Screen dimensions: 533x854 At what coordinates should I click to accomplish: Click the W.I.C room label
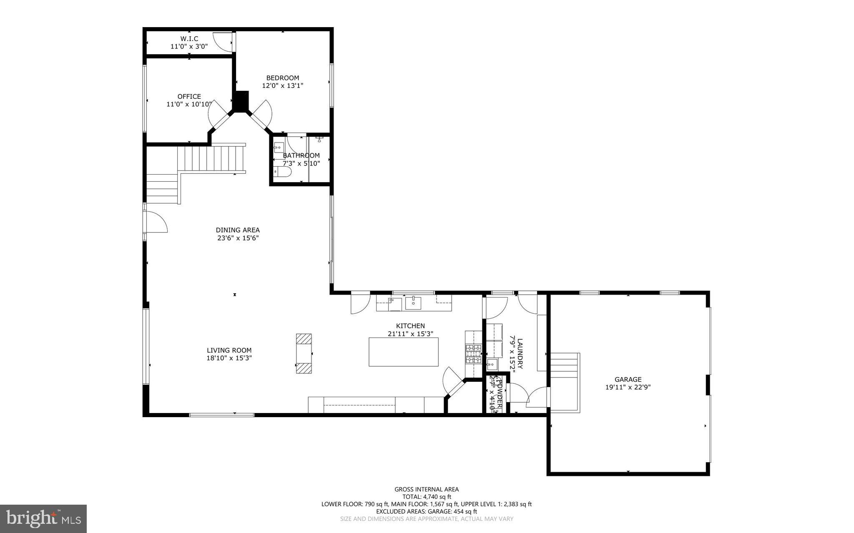pyautogui.click(x=189, y=38)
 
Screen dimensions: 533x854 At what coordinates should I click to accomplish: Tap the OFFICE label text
pyautogui.click(x=189, y=96)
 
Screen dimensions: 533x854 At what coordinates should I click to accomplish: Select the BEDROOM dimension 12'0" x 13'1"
pyautogui.click(x=282, y=86)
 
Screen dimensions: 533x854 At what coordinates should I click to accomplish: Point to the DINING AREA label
pyautogui.click(x=238, y=230)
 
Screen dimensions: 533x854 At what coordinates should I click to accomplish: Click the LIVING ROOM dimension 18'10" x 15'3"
pyautogui.click(x=229, y=358)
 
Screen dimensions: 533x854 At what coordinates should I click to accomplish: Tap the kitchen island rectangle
pyautogui.click(x=403, y=352)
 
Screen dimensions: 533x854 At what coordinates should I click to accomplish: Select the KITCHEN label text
pyautogui.click(x=410, y=326)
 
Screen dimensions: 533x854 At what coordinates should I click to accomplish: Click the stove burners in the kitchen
pyautogui.click(x=473, y=353)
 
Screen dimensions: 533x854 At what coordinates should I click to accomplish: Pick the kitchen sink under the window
pyautogui.click(x=413, y=303)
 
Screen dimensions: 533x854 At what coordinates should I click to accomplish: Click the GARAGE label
pyautogui.click(x=628, y=379)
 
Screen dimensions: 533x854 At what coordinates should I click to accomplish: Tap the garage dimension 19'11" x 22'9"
pyautogui.click(x=628, y=387)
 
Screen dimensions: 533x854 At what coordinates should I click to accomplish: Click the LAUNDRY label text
pyautogui.click(x=520, y=353)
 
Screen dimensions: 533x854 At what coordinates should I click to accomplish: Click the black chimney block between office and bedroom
pyautogui.click(x=241, y=101)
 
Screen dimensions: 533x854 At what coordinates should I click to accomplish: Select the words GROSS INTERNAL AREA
pyautogui.click(x=427, y=489)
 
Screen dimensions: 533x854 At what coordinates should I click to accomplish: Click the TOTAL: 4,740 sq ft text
pyautogui.click(x=427, y=497)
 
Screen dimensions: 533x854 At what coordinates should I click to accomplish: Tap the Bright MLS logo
pyautogui.click(x=43, y=518)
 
